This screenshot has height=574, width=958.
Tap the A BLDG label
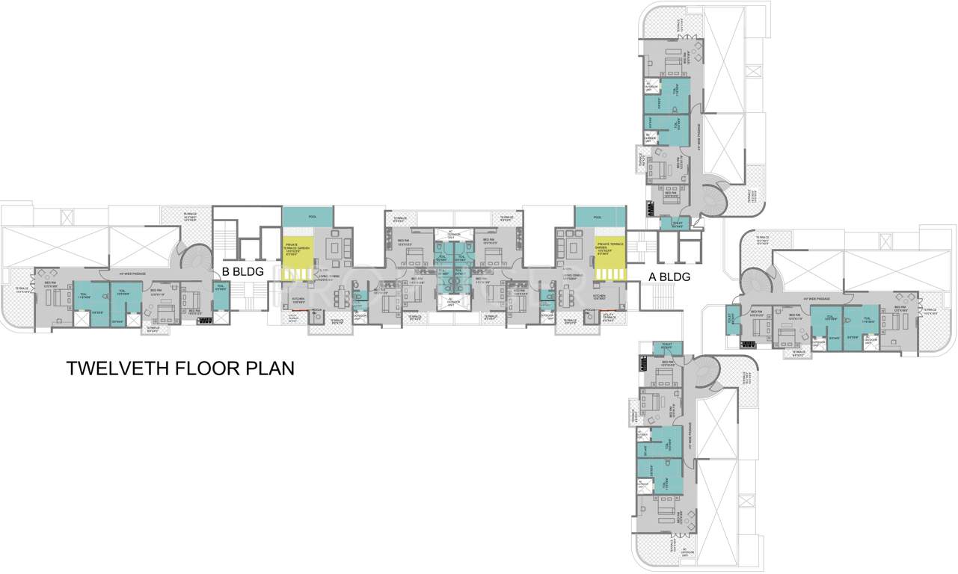pos(668,277)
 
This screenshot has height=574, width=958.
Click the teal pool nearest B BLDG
pos(308,216)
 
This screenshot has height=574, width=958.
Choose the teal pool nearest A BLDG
pos(598,216)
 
